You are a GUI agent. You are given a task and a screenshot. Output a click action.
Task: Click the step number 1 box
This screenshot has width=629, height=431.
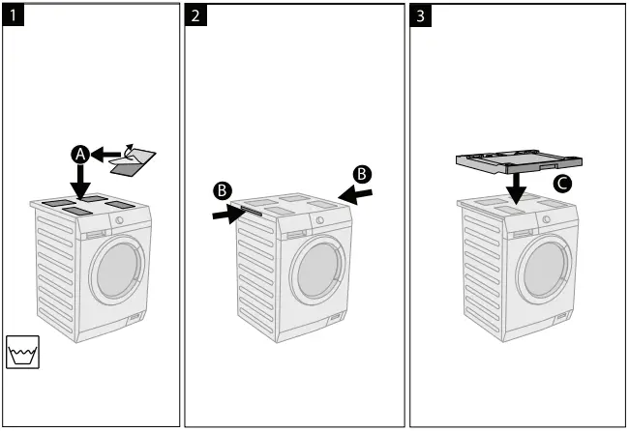(15, 16)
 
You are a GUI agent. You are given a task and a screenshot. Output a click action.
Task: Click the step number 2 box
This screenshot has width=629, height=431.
(196, 16)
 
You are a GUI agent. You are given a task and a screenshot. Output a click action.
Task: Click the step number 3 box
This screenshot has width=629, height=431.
(422, 16)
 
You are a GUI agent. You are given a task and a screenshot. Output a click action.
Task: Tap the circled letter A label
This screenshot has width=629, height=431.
(80, 154)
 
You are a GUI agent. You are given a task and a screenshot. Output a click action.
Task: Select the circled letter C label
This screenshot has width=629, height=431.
(562, 183)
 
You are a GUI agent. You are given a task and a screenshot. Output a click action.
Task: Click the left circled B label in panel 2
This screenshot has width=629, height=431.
(222, 190)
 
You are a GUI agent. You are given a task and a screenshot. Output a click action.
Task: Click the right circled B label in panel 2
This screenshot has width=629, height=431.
(363, 175)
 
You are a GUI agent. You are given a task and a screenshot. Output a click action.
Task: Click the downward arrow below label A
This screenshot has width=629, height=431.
(80, 182)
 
